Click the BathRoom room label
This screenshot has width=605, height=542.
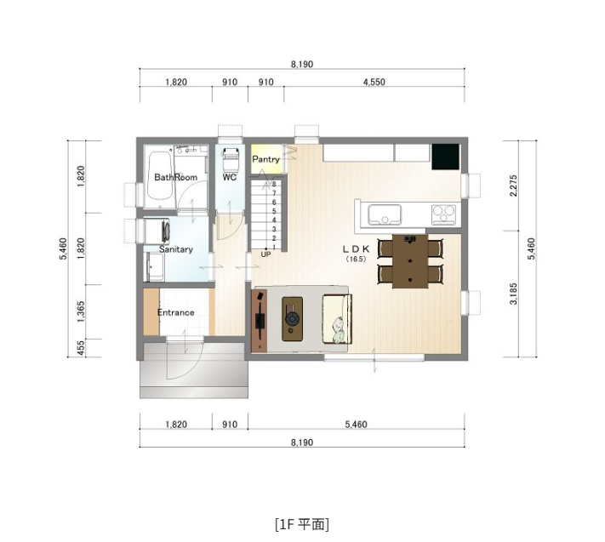click(175, 177)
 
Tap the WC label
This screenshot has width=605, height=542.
click(229, 177)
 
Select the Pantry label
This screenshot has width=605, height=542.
click(265, 159)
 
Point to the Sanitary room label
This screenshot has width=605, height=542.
click(176, 249)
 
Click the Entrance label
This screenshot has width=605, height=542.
click(175, 312)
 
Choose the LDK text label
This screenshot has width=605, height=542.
click(355, 249)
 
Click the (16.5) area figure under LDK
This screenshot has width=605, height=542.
click(356, 260)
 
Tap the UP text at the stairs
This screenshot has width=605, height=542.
click(265, 254)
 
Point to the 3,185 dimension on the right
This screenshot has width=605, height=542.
click(513, 294)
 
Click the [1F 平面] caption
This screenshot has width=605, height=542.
click(301, 523)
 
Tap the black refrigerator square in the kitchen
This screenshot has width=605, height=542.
click(445, 157)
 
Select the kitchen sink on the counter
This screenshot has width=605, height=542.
click(385, 214)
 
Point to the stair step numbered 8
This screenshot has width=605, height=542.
click(273, 184)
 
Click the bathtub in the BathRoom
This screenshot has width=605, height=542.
click(160, 178)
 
